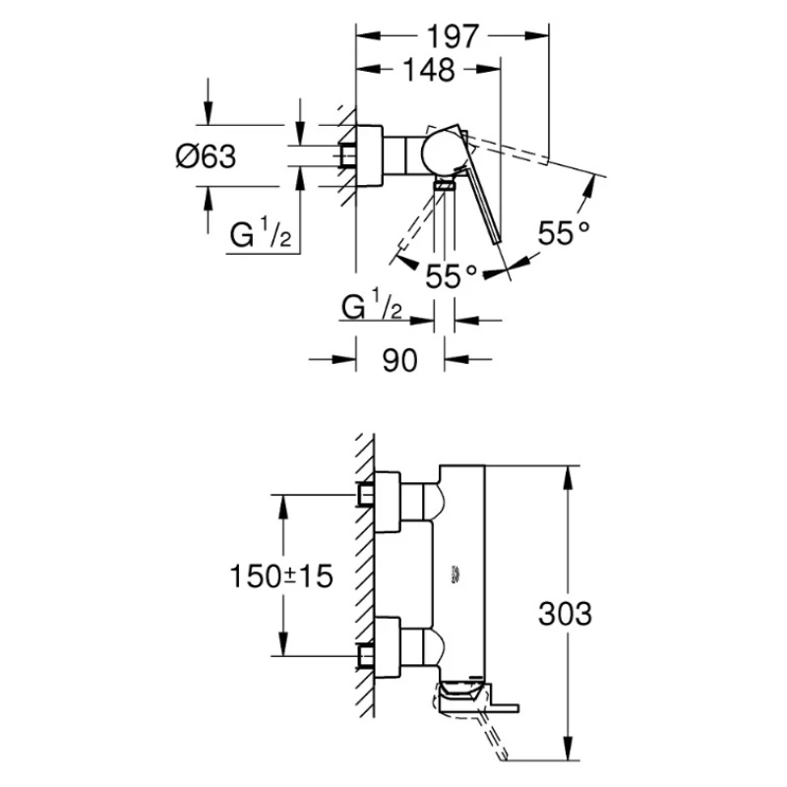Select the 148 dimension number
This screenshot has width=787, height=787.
coord(428,70)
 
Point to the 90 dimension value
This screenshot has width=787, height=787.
coord(398,360)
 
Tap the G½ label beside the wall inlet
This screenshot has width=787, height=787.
coord(259,237)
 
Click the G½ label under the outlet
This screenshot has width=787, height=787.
coord(371,307)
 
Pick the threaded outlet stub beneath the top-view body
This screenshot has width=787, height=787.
coord(446,184)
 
